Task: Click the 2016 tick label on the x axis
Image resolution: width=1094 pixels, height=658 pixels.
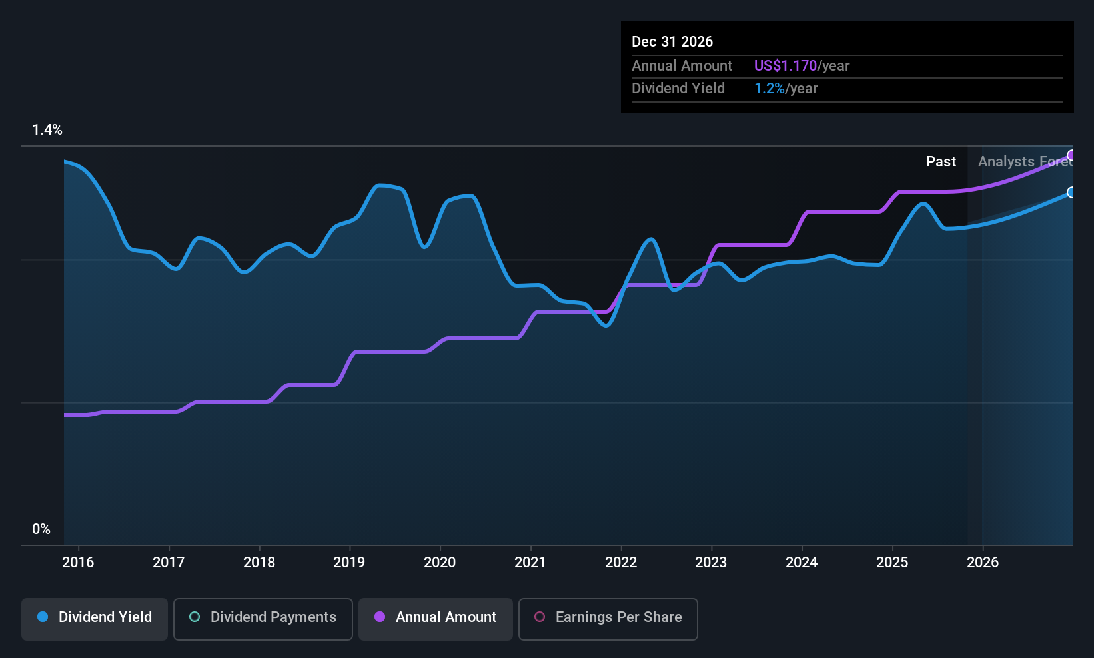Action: [x=78, y=562]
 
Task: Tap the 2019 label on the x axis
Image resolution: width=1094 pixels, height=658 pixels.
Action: [x=349, y=562]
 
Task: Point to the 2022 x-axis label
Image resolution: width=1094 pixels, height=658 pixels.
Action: [x=620, y=562]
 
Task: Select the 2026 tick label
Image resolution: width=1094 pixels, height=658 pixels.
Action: [x=982, y=562]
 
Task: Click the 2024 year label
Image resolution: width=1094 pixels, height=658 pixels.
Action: [x=802, y=562]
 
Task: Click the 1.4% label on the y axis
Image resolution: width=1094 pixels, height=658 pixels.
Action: [x=47, y=130]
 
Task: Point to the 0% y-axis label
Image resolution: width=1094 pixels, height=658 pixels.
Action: [x=41, y=529]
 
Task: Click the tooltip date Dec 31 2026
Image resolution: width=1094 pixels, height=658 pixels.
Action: [x=672, y=41]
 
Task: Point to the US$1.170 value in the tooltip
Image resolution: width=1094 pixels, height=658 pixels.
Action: [x=785, y=65]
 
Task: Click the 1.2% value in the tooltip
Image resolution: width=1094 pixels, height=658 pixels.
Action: [x=770, y=88]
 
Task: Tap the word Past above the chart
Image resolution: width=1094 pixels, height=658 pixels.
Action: [x=941, y=161]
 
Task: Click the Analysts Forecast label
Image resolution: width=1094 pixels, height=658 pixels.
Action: [x=1025, y=161]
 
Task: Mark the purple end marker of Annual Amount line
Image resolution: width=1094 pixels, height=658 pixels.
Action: [x=1071, y=155]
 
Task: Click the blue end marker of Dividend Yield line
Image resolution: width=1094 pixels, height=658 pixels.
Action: [x=1071, y=192]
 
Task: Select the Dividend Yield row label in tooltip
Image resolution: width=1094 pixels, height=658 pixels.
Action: [x=678, y=88]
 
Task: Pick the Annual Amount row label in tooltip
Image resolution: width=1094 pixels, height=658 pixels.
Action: [x=682, y=65]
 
